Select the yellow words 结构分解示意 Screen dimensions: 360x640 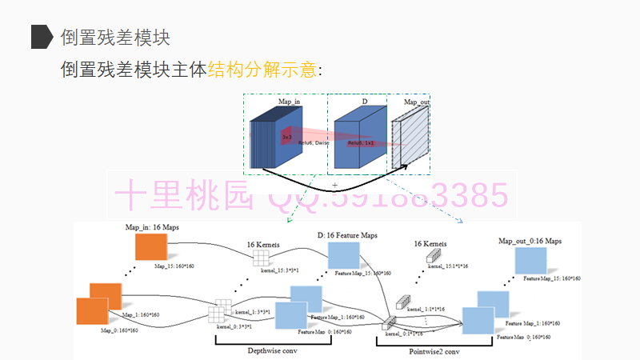pyautogui.click(x=262, y=70)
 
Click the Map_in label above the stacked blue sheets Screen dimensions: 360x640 pyautogui.click(x=290, y=102)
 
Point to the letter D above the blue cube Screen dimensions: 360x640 pyautogui.click(x=365, y=102)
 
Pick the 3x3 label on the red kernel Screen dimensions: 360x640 pyautogui.click(x=286, y=137)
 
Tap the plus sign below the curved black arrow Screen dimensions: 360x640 pyautogui.click(x=334, y=185)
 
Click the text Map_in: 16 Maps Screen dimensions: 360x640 pyautogui.click(x=152, y=227)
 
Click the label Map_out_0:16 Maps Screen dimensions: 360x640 pyautogui.click(x=530, y=240)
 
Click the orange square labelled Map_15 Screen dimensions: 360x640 pyautogui.click(x=150, y=247)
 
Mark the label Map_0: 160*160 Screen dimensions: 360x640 pyautogui.click(x=119, y=330)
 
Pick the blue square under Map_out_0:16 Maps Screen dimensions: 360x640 pyautogui.click(x=530, y=262)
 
